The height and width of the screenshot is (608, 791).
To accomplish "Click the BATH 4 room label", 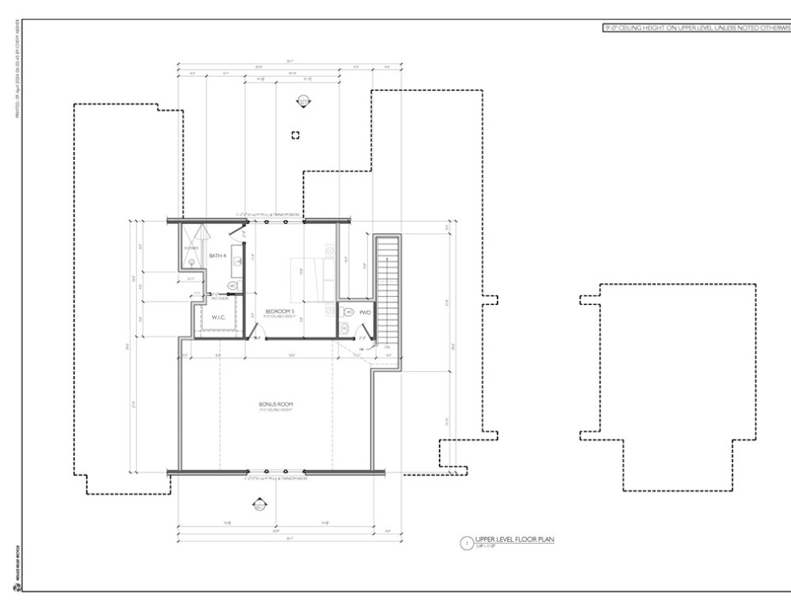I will (218, 256).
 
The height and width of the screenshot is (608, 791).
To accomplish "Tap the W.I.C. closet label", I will (218, 317).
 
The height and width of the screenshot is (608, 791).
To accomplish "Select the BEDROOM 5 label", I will (279, 312).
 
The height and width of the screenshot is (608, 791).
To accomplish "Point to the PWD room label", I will (365, 313).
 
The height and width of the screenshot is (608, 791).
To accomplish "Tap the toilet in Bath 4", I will (233, 286).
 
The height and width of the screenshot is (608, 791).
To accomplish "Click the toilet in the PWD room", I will (346, 327).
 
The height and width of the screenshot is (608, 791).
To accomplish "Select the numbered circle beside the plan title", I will (467, 543).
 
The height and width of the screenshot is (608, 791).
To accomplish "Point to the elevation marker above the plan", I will (302, 101).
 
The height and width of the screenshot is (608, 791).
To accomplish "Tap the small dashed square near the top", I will (296, 135).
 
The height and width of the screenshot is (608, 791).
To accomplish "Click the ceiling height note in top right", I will (697, 27).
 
